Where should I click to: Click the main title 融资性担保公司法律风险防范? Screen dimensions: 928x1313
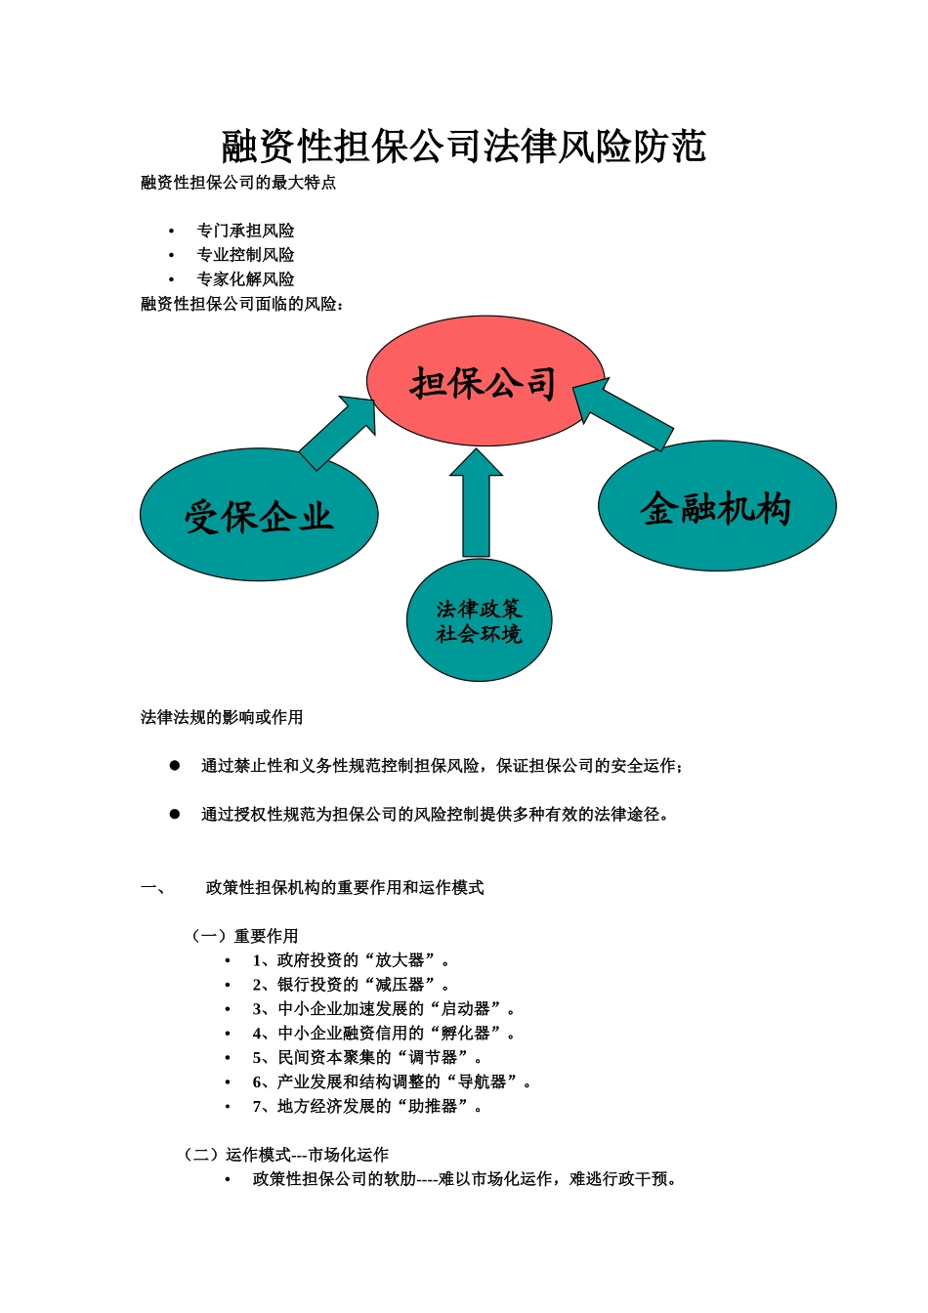click(464, 147)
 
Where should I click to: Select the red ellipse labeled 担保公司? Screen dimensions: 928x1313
click(485, 382)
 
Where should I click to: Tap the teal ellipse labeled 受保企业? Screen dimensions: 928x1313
click(259, 516)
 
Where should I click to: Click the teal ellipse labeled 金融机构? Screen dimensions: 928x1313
click(717, 507)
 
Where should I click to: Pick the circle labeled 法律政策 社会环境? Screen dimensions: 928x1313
click(479, 621)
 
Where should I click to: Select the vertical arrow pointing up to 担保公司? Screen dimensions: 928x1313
click(476, 503)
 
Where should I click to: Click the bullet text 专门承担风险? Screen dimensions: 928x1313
click(245, 231)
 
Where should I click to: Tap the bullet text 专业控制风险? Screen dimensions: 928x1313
click(245, 255)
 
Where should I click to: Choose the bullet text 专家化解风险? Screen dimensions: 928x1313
click(245, 279)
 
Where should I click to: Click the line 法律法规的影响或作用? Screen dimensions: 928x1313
click(222, 718)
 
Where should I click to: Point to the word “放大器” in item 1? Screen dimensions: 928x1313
click(400, 961)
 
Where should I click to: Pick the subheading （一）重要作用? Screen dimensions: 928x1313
click(244, 937)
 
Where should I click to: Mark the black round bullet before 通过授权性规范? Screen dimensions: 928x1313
click(175, 814)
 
